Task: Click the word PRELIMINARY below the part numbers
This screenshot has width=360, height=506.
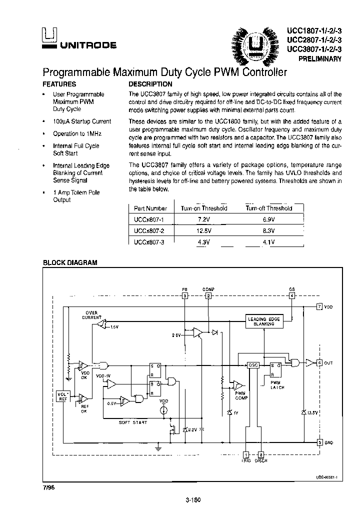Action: click(x=320, y=58)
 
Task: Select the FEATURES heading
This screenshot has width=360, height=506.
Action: click(x=59, y=84)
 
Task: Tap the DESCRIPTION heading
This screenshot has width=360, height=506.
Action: click(x=150, y=84)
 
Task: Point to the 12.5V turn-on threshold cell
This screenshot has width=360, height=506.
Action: click(x=203, y=230)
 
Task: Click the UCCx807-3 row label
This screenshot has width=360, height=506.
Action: click(x=149, y=242)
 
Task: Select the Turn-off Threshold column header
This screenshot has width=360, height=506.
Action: click(x=268, y=208)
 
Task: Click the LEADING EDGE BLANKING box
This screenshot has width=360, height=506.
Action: click(x=264, y=321)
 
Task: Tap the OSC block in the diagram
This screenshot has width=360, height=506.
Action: click(x=253, y=365)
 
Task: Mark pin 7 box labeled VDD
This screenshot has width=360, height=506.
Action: click(x=320, y=306)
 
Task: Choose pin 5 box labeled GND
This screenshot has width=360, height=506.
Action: click(x=320, y=442)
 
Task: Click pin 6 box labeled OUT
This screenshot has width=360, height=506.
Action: click(x=320, y=362)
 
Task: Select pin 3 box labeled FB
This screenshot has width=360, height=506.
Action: click(x=184, y=295)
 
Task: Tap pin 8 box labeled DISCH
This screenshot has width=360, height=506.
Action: click(x=260, y=454)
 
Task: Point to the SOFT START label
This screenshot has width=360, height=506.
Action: click(x=133, y=422)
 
